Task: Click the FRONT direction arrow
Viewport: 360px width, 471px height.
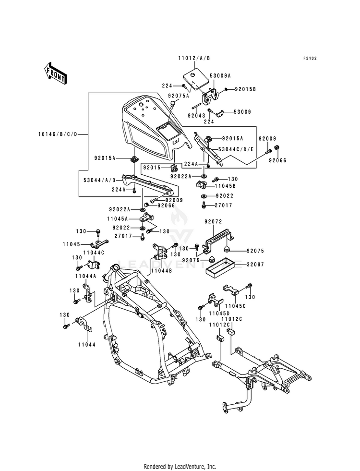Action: click(x=55, y=73)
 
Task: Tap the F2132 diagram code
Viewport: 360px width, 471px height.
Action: click(x=310, y=58)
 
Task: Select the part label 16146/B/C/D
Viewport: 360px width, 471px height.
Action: click(x=58, y=134)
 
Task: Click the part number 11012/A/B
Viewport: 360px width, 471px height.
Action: click(x=194, y=58)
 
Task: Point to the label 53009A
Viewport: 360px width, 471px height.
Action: click(x=221, y=76)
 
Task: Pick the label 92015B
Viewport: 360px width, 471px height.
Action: click(x=245, y=89)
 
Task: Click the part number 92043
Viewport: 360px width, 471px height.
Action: click(x=196, y=115)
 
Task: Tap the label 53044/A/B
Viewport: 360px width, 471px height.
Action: click(x=99, y=180)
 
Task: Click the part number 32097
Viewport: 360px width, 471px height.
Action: click(x=255, y=265)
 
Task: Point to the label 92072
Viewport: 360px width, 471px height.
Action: click(x=213, y=222)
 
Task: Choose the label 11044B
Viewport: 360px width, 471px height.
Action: click(x=162, y=271)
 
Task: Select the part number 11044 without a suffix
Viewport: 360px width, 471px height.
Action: click(x=87, y=345)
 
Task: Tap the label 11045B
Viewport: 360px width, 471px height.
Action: click(x=225, y=186)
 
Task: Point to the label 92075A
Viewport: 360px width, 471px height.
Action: click(x=179, y=96)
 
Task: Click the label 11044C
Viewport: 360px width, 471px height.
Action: click(x=94, y=253)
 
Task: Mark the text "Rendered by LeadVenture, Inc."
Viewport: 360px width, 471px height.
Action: click(x=180, y=467)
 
